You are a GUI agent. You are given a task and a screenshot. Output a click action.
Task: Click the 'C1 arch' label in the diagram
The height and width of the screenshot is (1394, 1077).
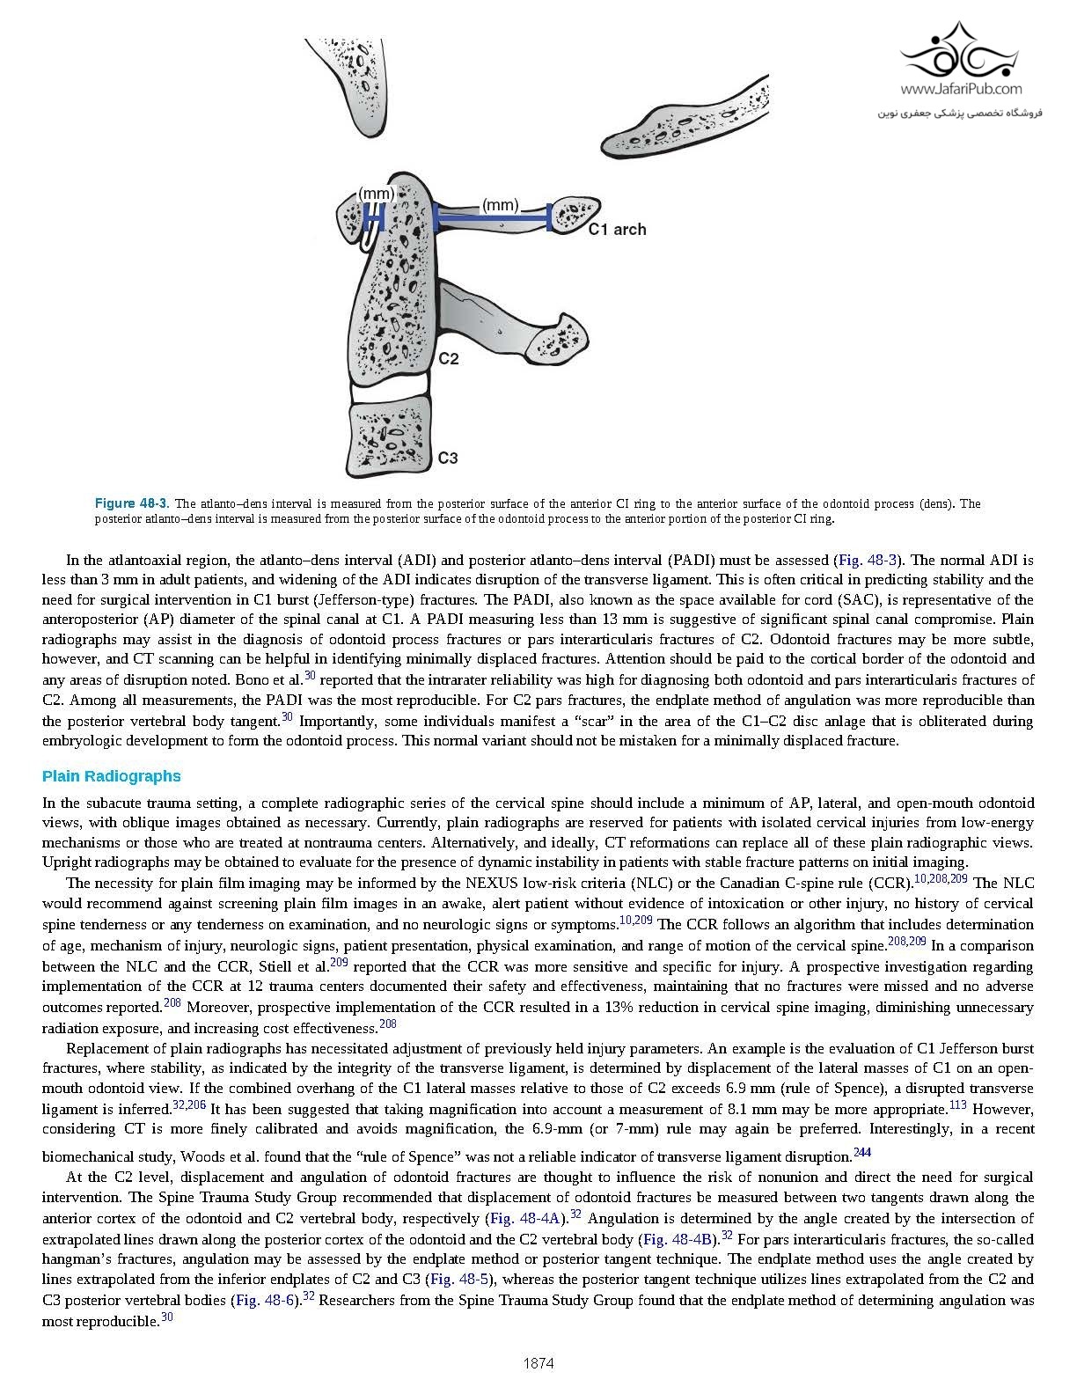[617, 230]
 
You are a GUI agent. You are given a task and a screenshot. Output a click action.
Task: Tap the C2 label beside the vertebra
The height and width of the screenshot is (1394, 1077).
[448, 360]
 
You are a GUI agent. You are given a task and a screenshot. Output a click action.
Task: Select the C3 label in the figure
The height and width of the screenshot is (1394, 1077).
[448, 459]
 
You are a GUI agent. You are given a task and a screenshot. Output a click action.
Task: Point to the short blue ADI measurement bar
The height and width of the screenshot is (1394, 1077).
[374, 216]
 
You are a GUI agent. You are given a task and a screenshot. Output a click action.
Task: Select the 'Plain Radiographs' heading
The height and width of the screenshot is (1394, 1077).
[112, 776]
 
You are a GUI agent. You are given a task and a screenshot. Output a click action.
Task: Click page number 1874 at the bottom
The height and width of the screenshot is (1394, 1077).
[538, 1364]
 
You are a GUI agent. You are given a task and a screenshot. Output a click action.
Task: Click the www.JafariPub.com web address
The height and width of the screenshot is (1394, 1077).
[960, 89]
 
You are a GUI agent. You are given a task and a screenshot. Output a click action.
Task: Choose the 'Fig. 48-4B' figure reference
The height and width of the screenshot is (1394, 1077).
[677, 1239]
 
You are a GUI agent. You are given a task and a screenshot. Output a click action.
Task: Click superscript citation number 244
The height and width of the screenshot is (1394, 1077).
[861, 1153]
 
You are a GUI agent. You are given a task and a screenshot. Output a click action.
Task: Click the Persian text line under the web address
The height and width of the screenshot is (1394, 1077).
[960, 114]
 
